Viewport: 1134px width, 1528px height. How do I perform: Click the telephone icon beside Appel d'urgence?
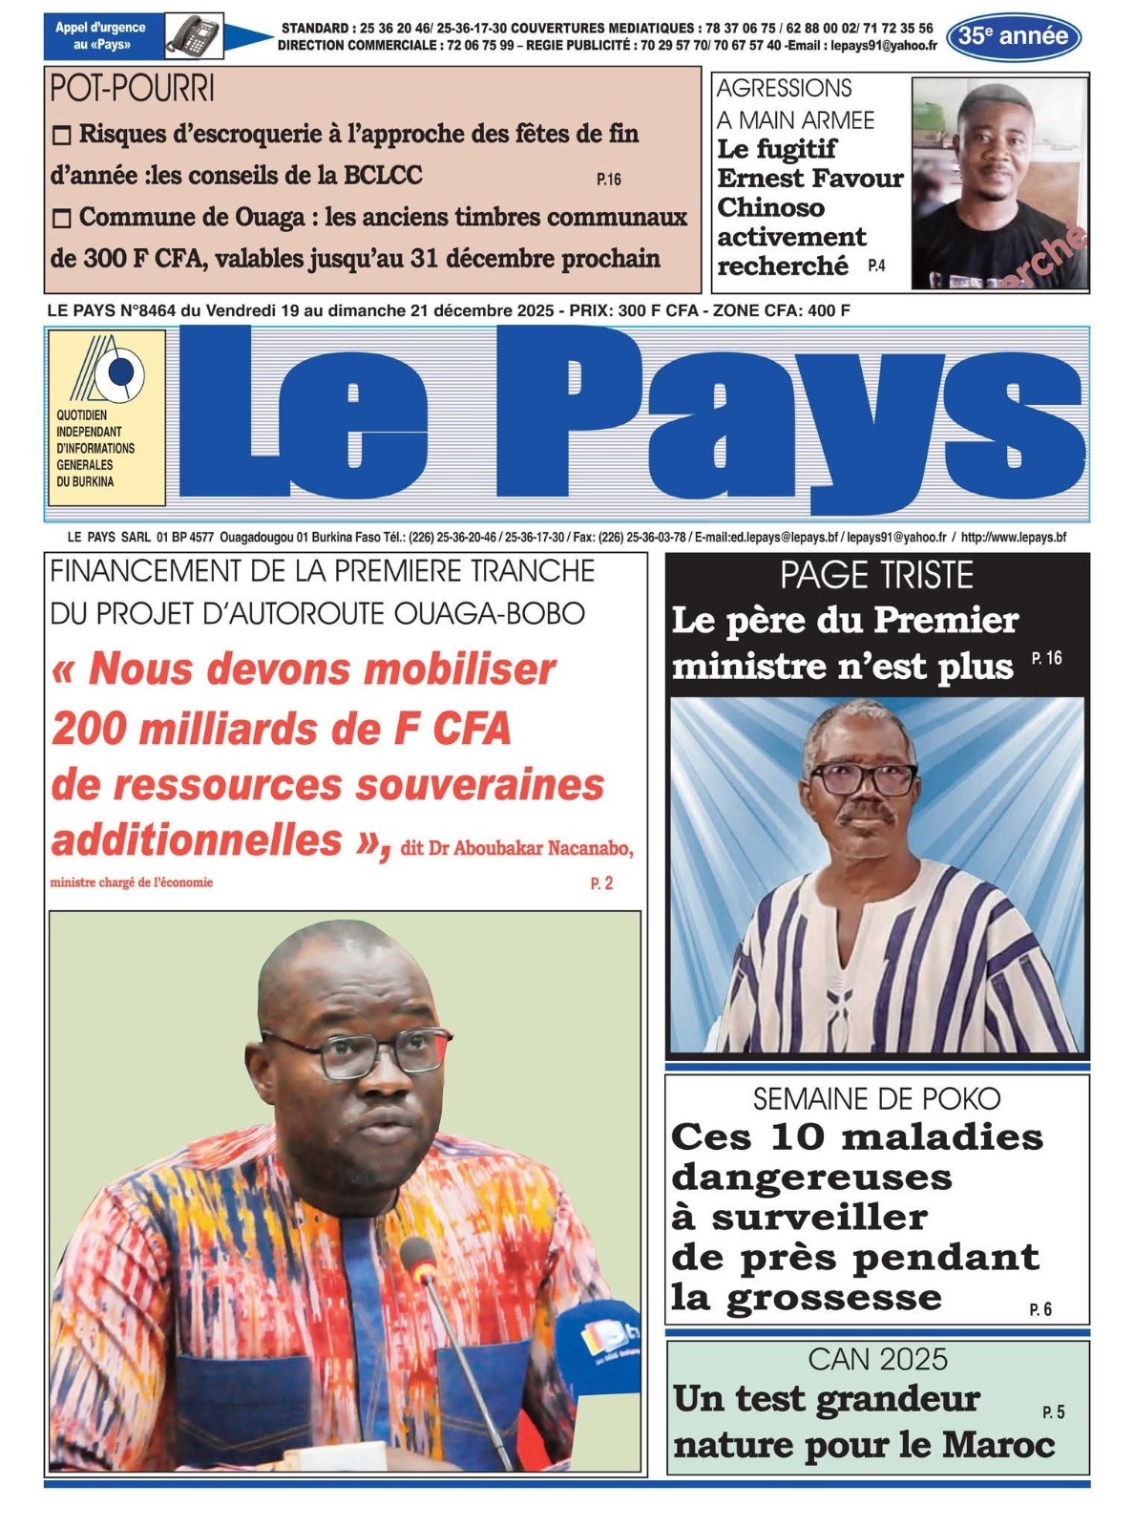pos(194,36)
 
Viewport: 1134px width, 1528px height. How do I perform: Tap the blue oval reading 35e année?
pos(1013,37)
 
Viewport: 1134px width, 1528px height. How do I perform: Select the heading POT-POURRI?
pos(132,89)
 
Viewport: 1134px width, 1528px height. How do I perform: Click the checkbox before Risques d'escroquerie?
pos(61,136)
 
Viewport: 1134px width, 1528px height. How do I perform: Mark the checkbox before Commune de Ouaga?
pos(61,219)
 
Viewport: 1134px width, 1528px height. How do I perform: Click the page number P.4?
pos(875,266)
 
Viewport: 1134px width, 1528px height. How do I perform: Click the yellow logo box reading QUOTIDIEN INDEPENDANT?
pos(106,417)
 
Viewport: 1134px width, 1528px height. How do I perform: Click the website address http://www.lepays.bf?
pos(1013,538)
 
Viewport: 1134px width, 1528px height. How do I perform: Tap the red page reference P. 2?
pos(601,884)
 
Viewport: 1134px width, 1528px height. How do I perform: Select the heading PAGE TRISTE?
pos(876,576)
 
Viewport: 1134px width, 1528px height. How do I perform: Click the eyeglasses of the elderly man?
pos(863,779)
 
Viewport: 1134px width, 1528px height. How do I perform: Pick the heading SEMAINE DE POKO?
pos(876,1099)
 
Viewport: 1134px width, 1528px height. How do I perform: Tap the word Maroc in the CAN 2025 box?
pos(998,1445)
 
